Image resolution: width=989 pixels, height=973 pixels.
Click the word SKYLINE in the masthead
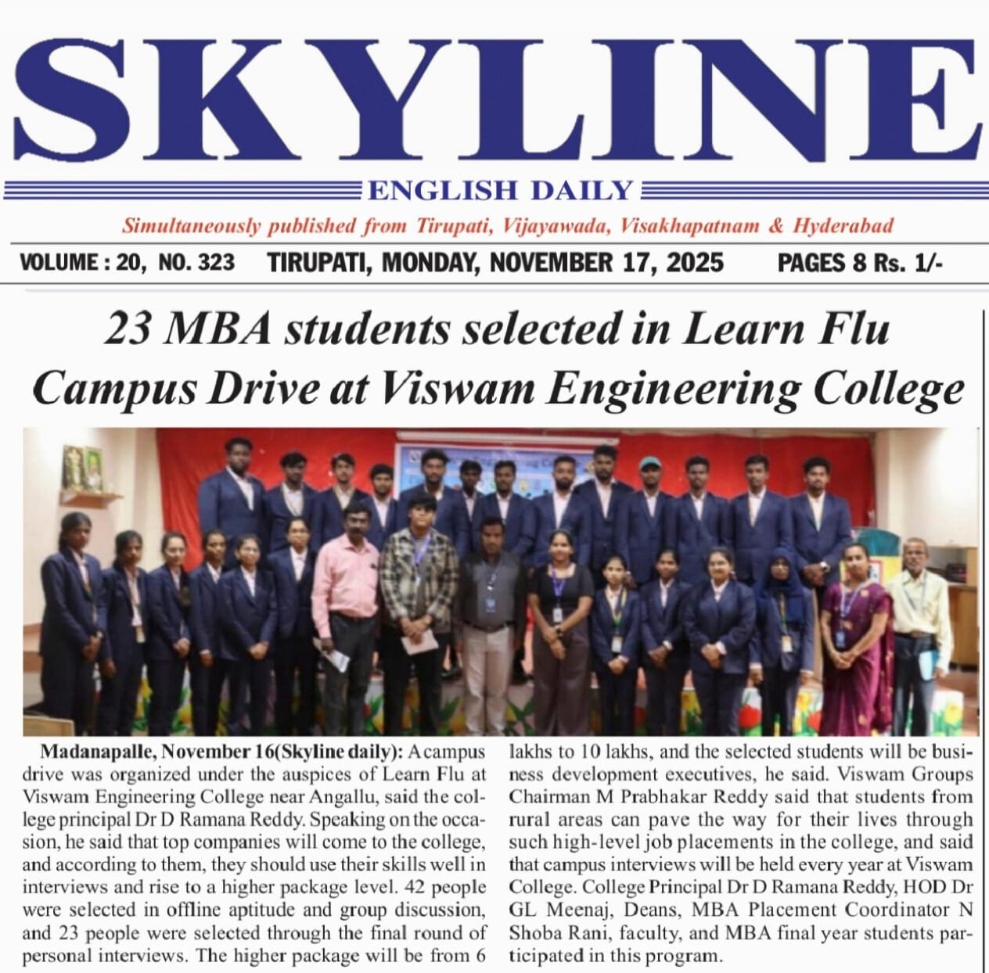[494, 98]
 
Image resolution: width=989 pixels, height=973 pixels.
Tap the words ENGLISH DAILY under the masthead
[500, 190]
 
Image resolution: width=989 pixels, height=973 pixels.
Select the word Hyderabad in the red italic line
[843, 227]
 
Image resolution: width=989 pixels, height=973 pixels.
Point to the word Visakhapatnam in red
[689, 227]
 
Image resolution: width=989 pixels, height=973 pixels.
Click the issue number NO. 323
[196, 262]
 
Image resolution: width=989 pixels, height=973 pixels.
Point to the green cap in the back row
[649, 464]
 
